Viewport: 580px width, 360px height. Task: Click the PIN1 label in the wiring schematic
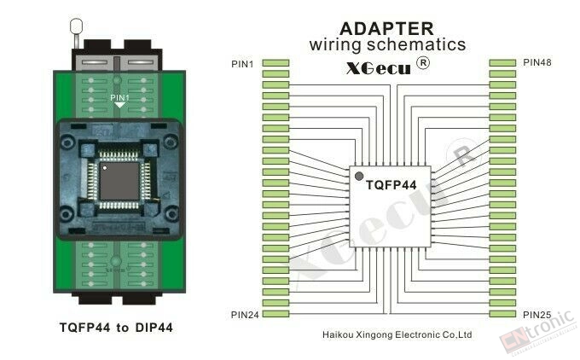(242, 64)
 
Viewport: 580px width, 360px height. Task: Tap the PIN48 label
(537, 62)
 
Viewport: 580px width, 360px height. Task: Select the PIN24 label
(245, 315)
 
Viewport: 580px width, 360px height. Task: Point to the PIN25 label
(537, 315)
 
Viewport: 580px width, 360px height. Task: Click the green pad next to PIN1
(275, 63)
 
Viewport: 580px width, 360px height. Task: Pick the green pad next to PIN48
(502, 63)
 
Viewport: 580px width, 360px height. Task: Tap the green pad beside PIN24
(275, 314)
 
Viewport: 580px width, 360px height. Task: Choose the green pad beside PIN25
(502, 314)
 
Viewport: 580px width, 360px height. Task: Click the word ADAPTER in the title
(386, 28)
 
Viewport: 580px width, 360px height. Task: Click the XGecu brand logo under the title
(379, 68)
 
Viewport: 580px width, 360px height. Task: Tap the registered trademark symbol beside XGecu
(423, 63)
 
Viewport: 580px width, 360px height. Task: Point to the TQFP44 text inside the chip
(391, 185)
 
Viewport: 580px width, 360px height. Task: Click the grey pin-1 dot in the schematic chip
(359, 177)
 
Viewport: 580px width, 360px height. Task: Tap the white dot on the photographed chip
(105, 168)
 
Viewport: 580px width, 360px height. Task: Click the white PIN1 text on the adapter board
(119, 97)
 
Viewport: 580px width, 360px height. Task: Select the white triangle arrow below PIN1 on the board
(119, 105)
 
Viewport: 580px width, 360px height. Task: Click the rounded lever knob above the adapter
(76, 26)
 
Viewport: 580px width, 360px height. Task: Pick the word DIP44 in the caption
(154, 328)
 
